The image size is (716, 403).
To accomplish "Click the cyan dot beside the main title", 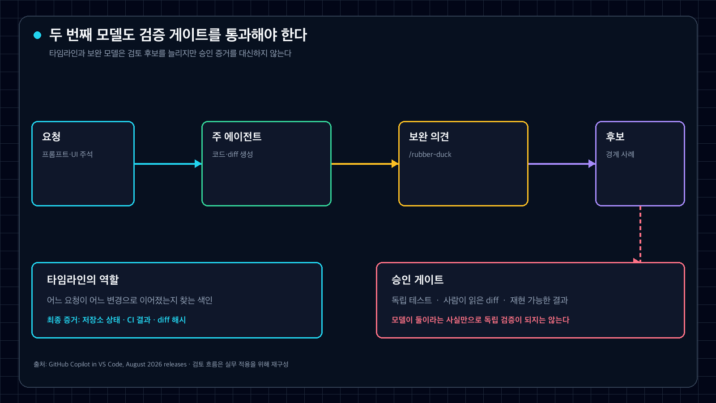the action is point(38,35).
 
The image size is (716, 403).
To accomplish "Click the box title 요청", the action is point(51,137).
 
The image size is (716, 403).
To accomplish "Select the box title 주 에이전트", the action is point(237,137).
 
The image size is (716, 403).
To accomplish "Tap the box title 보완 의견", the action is point(429,137).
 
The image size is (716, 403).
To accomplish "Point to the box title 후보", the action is point(615,137).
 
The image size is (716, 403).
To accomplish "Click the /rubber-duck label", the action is point(430,154).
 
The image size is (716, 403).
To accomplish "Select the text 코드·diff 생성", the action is point(232,154).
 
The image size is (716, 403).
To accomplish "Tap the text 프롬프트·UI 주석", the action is point(68,154).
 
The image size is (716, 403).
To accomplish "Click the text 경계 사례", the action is point(620,154).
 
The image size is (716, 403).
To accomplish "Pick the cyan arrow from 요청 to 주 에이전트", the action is point(168,164).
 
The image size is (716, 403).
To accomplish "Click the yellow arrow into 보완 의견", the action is point(365,164).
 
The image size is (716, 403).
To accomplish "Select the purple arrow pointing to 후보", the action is point(562,164).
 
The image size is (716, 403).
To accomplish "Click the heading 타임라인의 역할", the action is point(83,280).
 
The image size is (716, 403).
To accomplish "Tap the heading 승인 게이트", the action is point(418,280).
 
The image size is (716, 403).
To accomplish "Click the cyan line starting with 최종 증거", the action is point(116,320).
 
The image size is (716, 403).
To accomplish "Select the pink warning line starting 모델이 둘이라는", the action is point(481,320).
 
